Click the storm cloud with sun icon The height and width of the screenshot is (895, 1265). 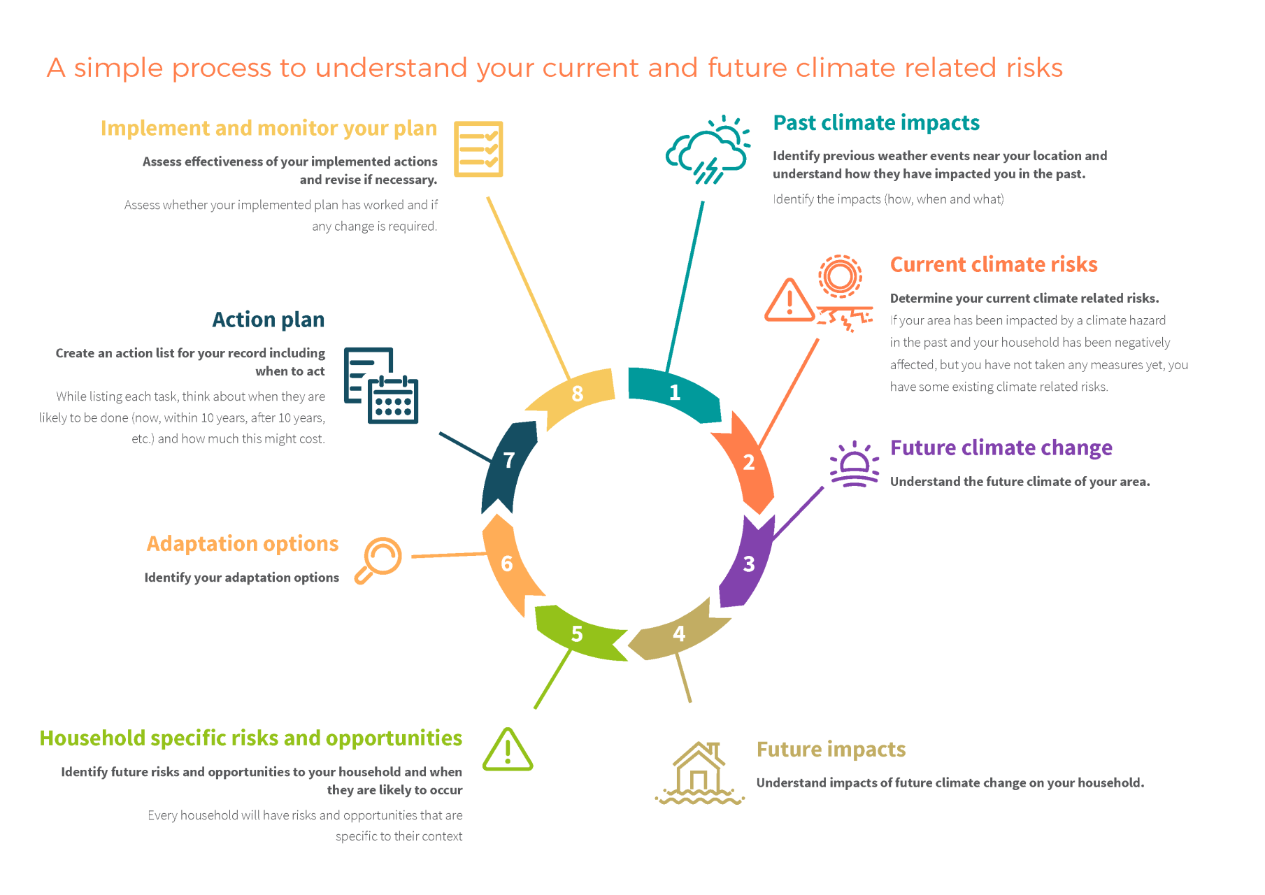tap(708, 150)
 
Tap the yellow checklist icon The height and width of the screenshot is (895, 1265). tap(478, 149)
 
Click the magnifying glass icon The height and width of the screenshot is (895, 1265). tap(378, 560)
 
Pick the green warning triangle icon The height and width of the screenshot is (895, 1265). tap(508, 750)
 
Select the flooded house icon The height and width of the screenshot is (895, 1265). tap(699, 773)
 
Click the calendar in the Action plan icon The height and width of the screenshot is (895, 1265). tap(393, 399)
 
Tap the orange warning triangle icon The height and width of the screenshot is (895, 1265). tap(789, 300)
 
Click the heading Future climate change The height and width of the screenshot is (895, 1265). tap(1001, 447)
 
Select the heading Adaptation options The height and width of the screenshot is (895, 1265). tap(243, 544)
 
